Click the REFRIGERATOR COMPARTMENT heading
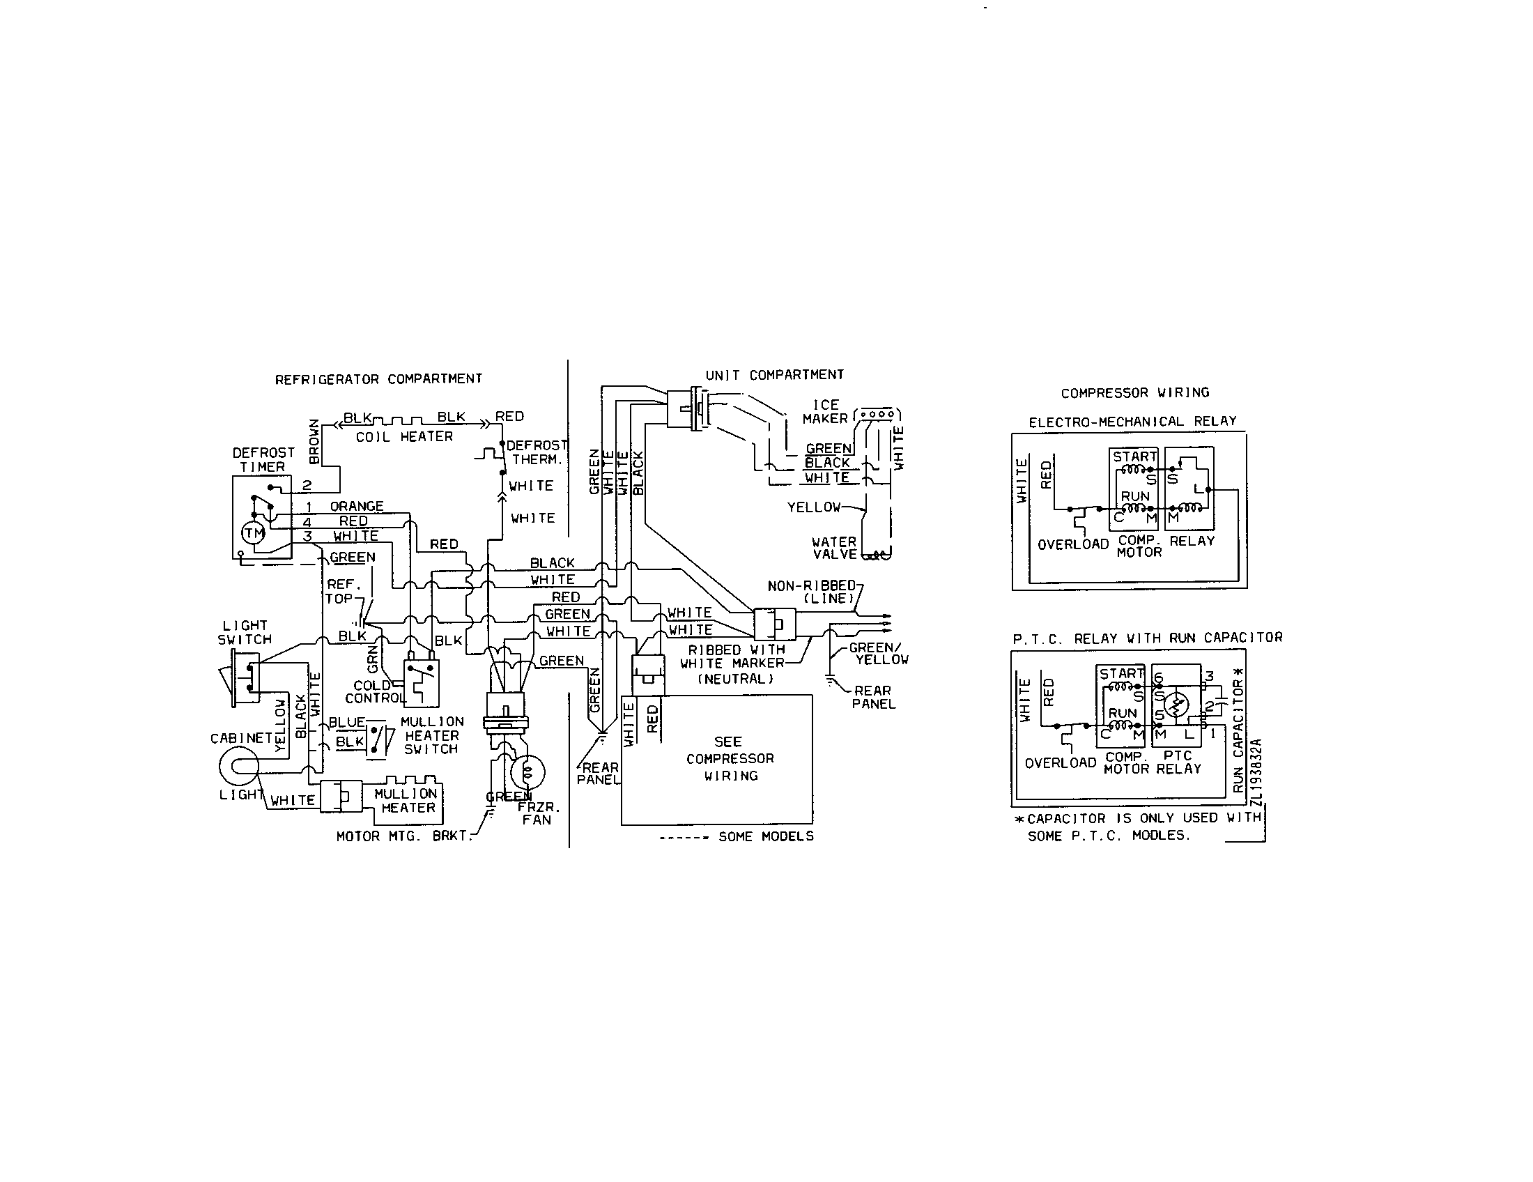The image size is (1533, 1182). (378, 379)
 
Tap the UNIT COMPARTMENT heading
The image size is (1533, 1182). (774, 375)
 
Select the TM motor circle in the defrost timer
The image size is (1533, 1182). (254, 533)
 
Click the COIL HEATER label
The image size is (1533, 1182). (404, 436)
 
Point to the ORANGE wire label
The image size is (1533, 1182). (357, 506)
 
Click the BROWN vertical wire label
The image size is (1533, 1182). (314, 441)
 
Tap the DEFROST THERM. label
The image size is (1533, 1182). (537, 452)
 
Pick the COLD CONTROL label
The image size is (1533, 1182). (373, 691)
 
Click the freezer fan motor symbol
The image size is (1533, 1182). (528, 773)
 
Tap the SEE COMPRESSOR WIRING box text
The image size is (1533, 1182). (730, 759)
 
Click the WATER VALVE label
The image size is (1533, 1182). (834, 548)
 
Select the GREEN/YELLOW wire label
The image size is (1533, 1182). (878, 654)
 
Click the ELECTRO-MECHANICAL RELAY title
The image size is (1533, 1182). (1132, 422)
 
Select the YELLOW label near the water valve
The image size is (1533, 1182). (813, 507)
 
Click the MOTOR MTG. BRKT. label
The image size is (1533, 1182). (402, 836)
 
